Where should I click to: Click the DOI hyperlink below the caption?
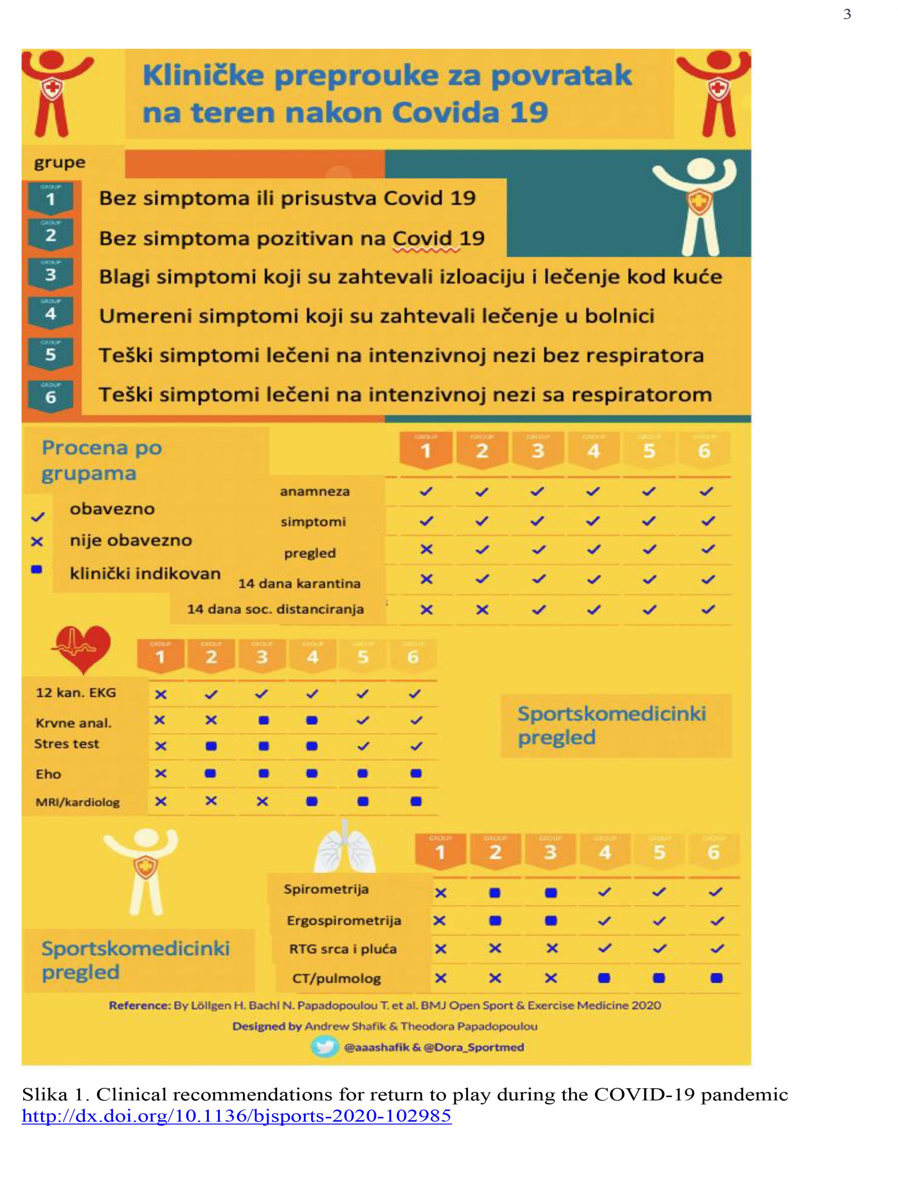pos(236,1116)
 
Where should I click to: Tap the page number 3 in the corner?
pos(847,14)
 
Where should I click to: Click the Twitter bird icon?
pos(324,1047)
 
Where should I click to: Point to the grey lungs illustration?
pos(345,848)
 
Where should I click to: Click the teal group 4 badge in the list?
pos(51,313)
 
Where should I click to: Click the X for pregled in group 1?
pos(426,549)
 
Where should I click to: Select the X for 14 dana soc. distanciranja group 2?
pos(482,610)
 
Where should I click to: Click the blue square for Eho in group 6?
pos(415,773)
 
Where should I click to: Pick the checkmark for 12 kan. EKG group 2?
pos(211,694)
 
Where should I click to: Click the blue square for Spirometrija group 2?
pos(495,892)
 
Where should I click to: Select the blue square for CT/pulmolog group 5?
pos(659,978)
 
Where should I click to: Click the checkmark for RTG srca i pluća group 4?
pos(604,949)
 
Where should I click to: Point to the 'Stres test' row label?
pos(67,744)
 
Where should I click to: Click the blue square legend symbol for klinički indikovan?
pos(37,570)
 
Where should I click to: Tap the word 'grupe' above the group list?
pos(59,162)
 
